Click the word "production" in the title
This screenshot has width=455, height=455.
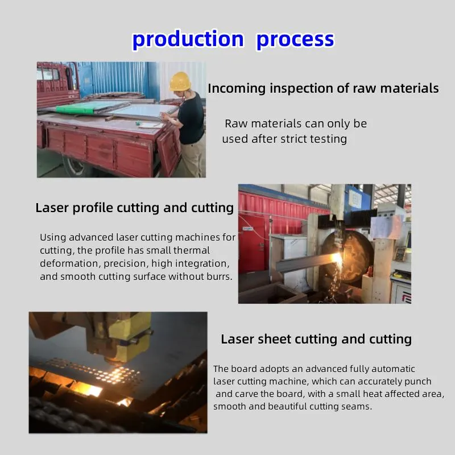(x=188, y=39)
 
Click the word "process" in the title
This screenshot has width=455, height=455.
(x=295, y=39)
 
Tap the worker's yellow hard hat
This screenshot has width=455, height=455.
(x=180, y=81)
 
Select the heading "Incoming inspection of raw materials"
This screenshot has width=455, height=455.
(x=323, y=89)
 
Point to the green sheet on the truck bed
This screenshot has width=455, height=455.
(x=80, y=107)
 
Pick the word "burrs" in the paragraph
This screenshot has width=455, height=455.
(x=218, y=277)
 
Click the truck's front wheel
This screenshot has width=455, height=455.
(x=75, y=167)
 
